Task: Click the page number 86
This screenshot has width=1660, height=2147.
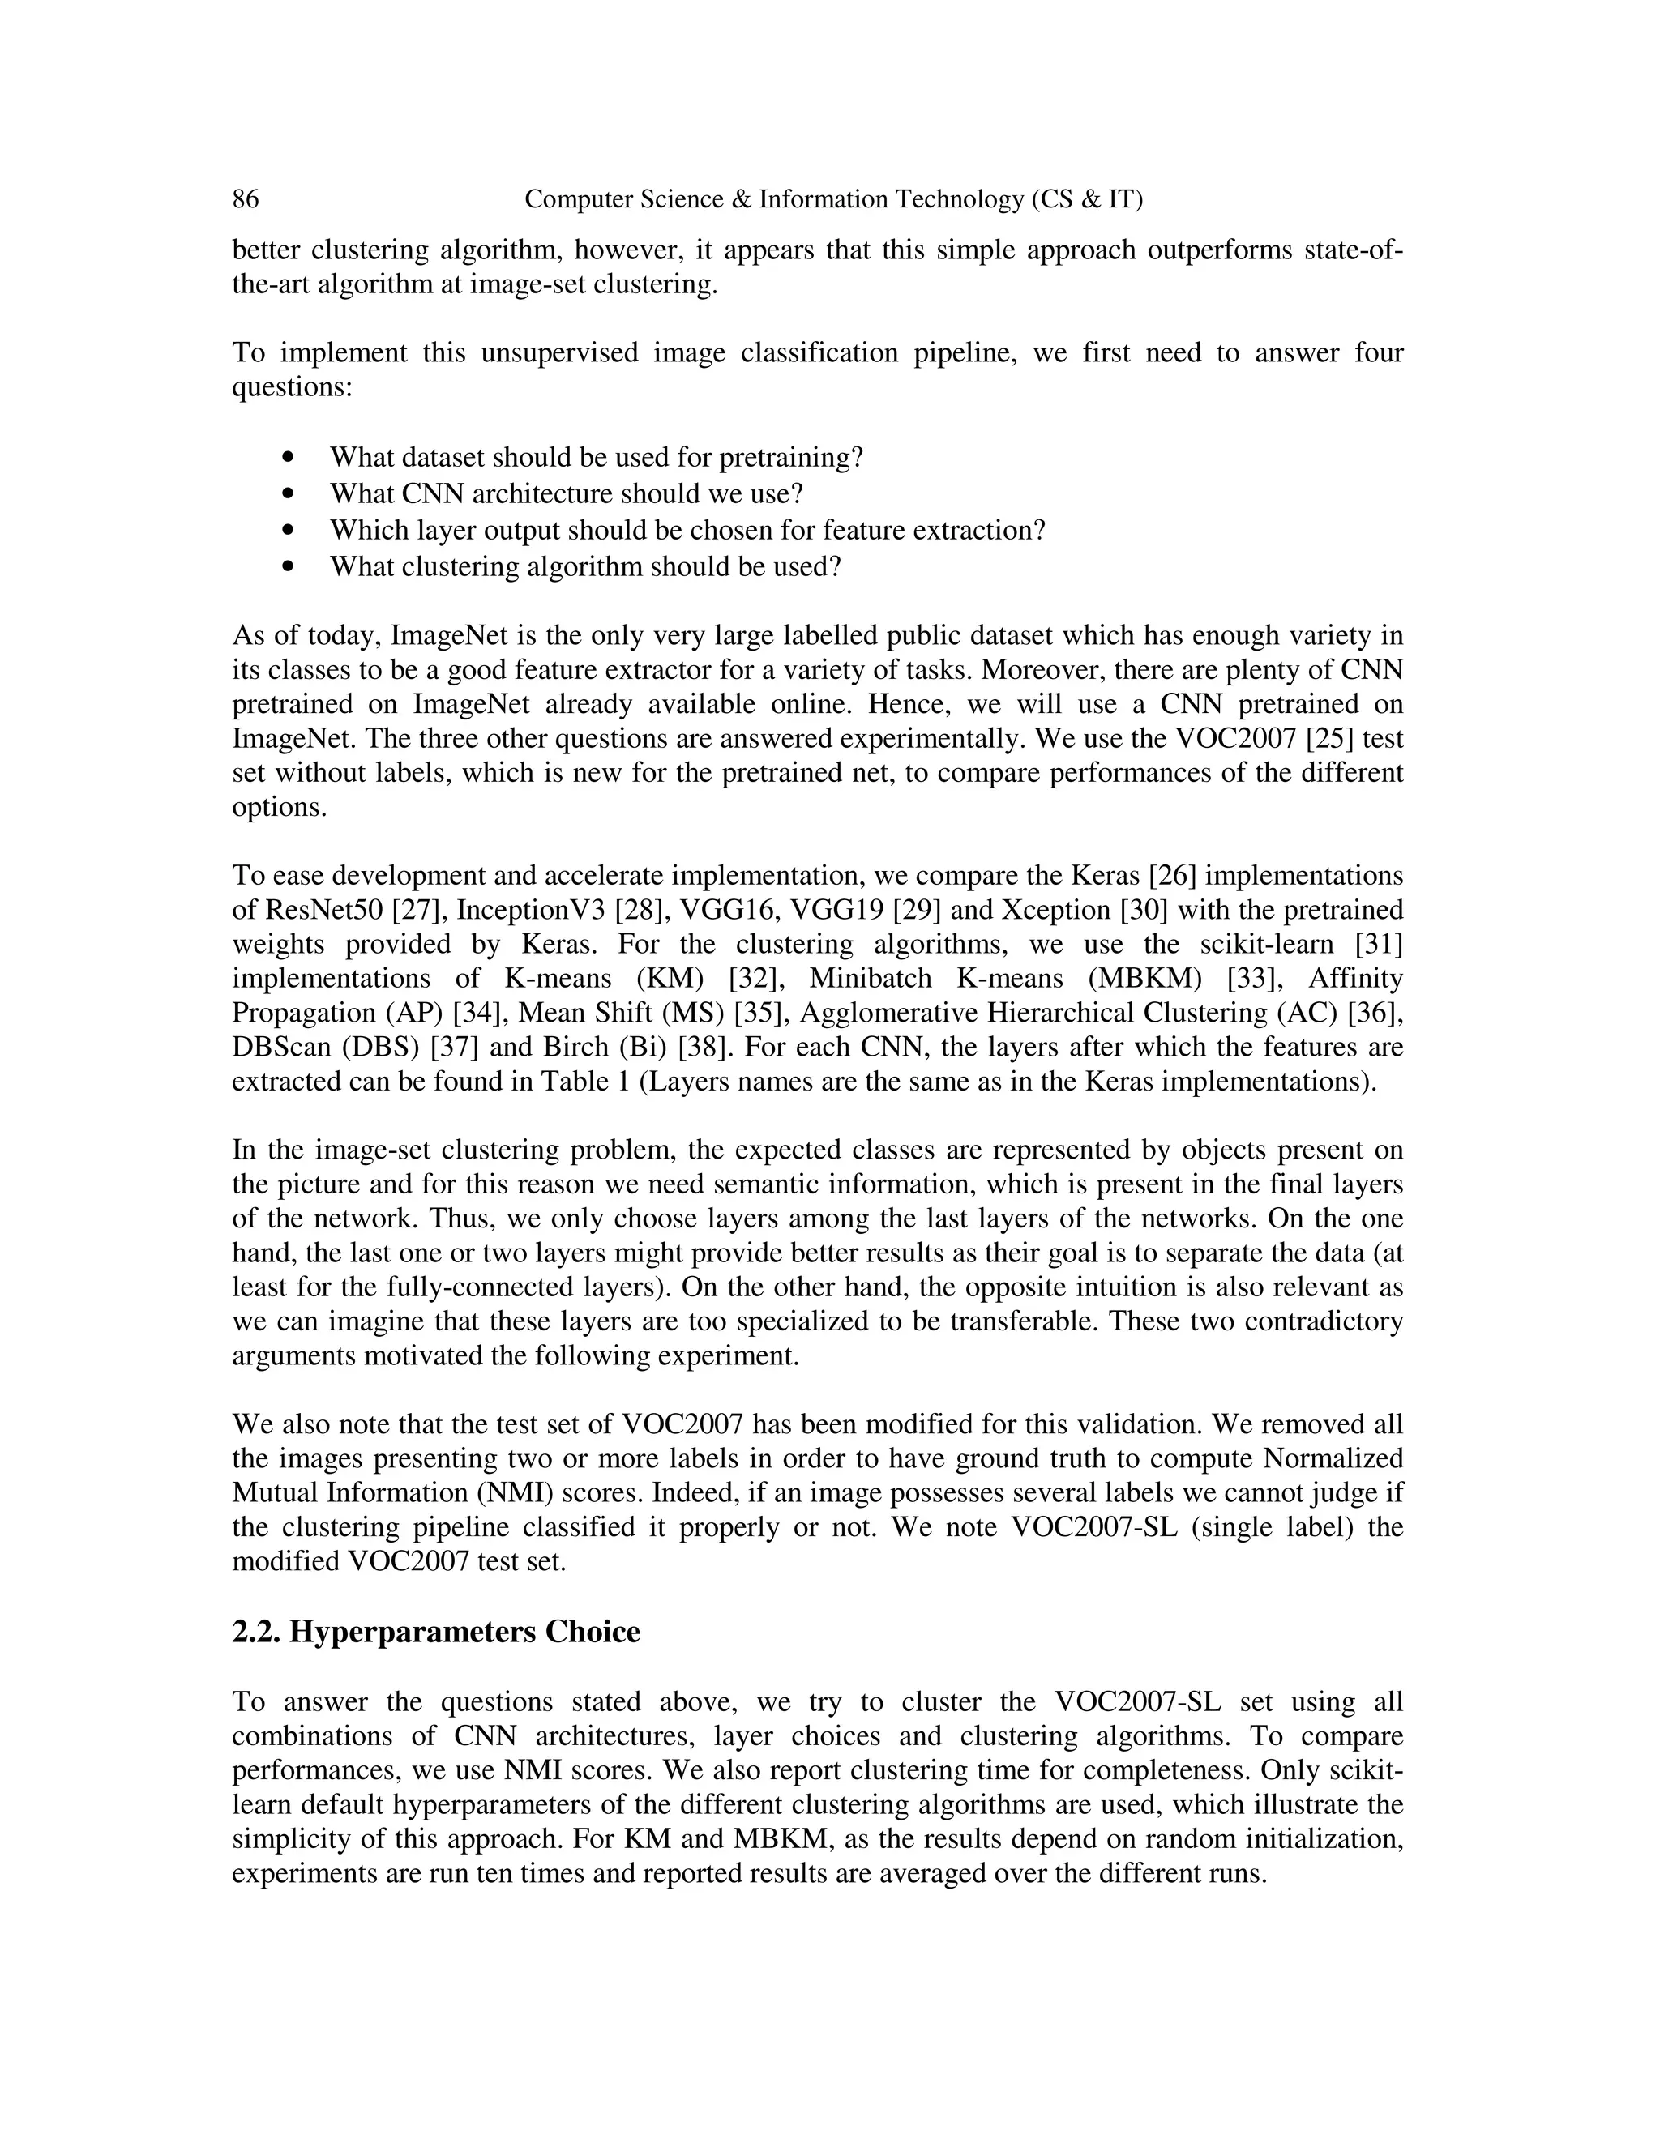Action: pos(246,199)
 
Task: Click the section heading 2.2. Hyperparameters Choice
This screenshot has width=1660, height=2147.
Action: pos(435,1632)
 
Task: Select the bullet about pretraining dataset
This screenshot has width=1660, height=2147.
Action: pos(596,457)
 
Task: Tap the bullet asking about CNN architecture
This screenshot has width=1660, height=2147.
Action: pos(567,493)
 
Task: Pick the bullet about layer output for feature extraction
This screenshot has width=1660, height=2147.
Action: pos(687,530)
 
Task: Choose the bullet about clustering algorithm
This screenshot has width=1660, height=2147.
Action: pos(585,567)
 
